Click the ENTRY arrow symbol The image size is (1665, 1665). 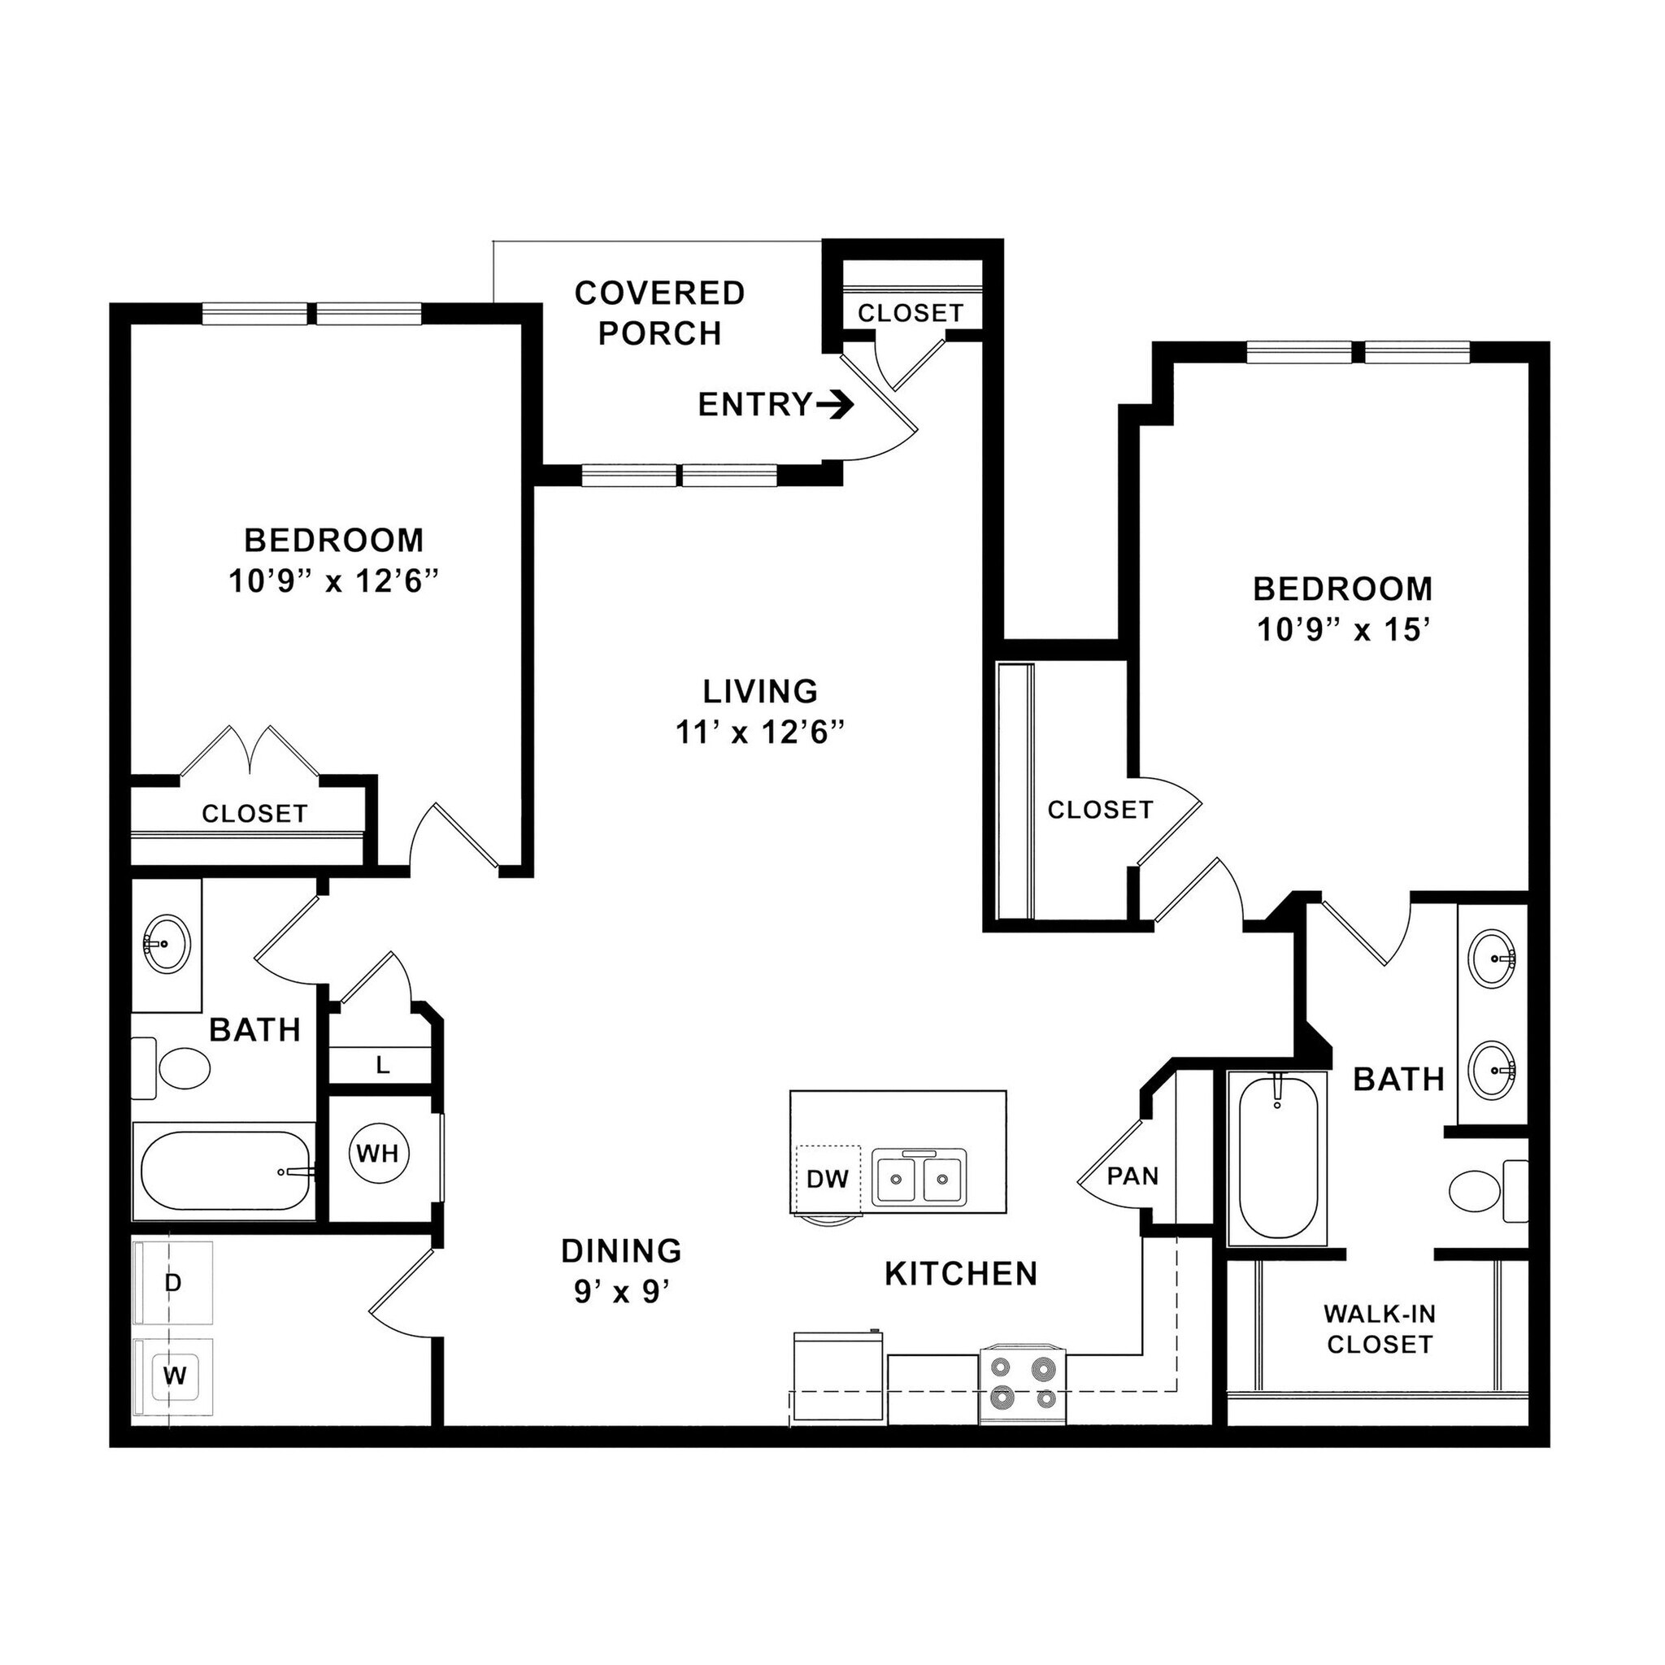(833, 404)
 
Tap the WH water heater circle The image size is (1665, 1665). (378, 1153)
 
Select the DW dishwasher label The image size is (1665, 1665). (828, 1179)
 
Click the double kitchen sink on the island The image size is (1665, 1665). (918, 1178)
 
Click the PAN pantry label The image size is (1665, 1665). (1132, 1176)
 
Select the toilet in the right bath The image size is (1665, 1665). (1484, 1192)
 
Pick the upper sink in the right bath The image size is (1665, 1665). (1493, 959)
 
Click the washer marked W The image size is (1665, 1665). (175, 1376)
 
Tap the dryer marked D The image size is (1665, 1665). (173, 1283)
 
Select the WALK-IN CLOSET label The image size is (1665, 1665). (1379, 1329)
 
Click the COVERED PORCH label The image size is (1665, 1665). (659, 313)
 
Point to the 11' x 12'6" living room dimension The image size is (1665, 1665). (759, 733)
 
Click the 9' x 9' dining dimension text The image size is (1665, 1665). (621, 1292)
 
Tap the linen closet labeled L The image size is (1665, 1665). (383, 1065)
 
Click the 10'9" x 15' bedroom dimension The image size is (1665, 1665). (1344, 631)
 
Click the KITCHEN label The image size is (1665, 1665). (961, 1274)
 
